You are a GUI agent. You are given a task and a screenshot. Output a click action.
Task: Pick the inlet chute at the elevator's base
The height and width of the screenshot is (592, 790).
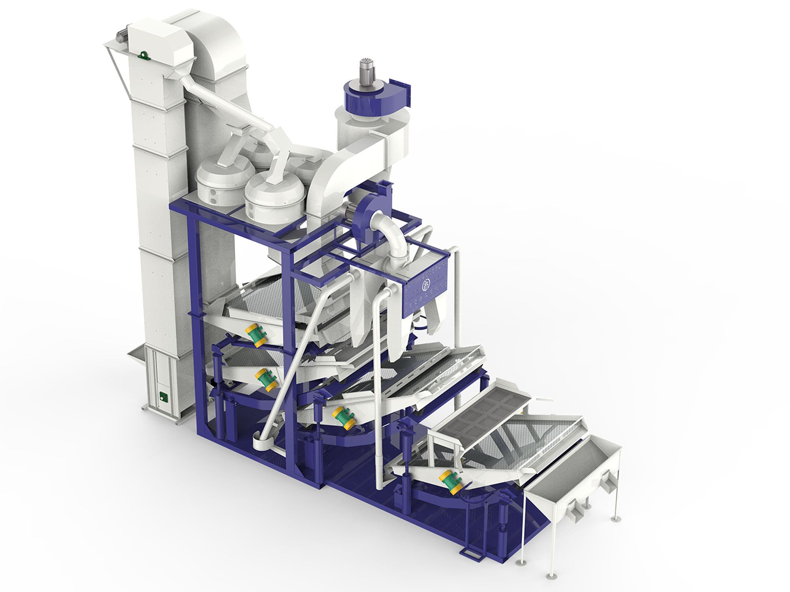[136, 353]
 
